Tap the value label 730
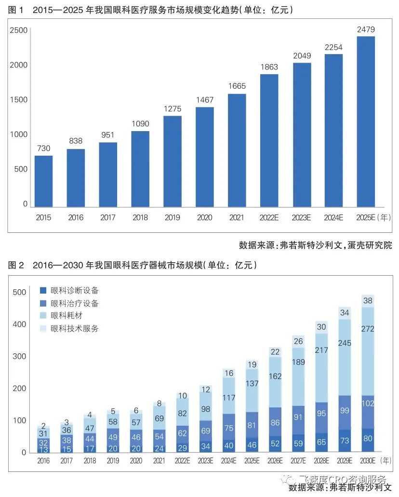tap(43, 148)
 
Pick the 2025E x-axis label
tap(365, 218)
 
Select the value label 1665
tap(237, 86)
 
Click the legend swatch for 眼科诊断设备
tap(43, 291)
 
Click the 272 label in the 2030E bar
tap(367, 329)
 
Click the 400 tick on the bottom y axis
tap(19, 324)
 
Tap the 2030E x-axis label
tap(366, 460)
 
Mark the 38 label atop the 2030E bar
tap(367, 300)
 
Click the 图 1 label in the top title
tap(16, 9)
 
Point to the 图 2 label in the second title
tap(16, 265)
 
